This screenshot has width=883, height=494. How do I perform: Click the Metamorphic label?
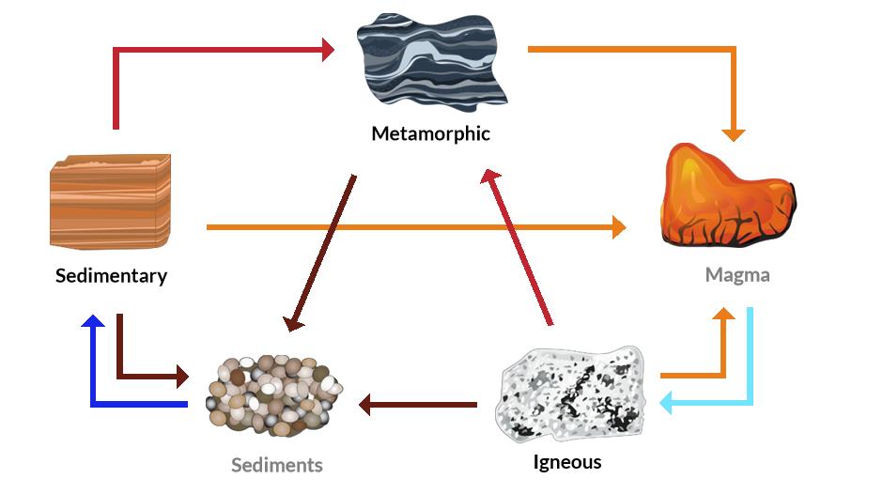point(430,133)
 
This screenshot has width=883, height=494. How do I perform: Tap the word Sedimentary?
point(111,276)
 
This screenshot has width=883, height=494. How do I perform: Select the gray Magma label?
point(737,275)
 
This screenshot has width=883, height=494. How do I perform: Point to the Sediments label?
point(277,465)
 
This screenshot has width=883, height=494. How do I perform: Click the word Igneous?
point(566,462)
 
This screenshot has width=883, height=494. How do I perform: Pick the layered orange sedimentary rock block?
point(110,201)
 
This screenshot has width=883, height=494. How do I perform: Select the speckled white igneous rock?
point(570,394)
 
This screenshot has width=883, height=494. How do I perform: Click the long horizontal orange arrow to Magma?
point(413,226)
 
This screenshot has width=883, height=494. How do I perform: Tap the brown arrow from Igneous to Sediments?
point(418,406)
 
